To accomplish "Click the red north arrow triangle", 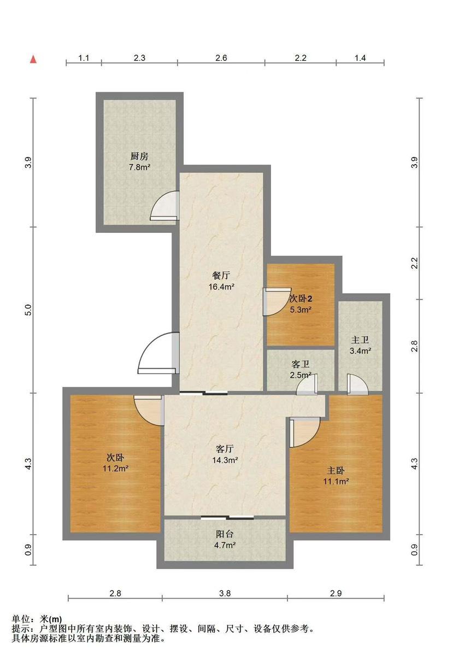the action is coord(34,59).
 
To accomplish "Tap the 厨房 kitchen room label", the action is coord(139,156).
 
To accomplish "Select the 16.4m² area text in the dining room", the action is coord(221,286).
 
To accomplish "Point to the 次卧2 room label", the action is coord(301,299).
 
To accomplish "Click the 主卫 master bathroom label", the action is coord(360,340).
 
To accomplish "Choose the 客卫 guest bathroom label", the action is coord(301,365).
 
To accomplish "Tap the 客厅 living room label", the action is coord(225,449).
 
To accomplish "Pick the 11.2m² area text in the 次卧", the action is coord(116,468).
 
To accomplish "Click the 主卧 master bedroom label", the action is coord(336,470).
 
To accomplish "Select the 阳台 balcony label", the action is coord(225,534).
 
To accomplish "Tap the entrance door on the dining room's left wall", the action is coord(158,353).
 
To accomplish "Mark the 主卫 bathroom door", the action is coord(358,384).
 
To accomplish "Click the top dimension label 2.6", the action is coord(221,58).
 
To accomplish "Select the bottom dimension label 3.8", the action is coord(225,593).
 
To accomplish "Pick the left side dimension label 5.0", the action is coord(28,310).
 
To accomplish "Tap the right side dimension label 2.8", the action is coord(415,346).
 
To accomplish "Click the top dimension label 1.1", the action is coord(84,58).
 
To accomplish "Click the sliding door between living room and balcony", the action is coord(227,517).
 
